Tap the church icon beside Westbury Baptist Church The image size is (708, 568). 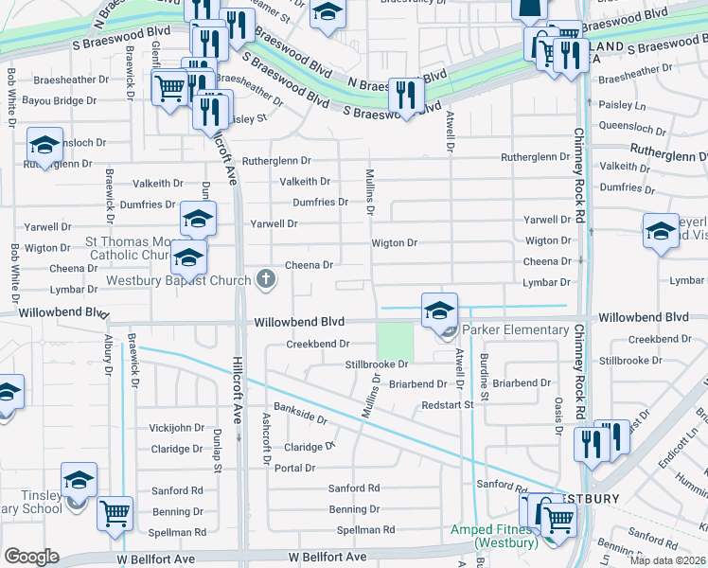click(267, 279)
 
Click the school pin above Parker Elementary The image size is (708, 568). click(439, 310)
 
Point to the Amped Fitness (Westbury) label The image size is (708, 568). click(490, 536)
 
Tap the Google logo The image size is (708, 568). click(31, 557)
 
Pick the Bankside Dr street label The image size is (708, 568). click(300, 413)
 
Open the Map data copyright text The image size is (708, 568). click(668, 560)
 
